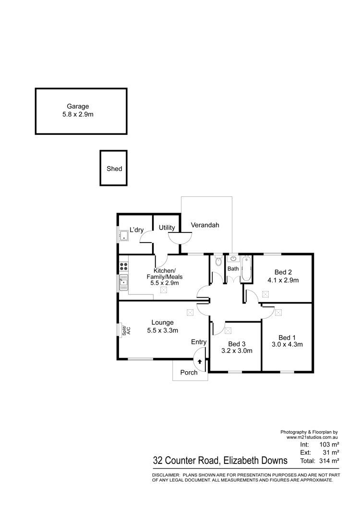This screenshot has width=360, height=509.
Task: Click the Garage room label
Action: [78, 106]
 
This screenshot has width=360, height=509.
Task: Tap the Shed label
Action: [114, 169]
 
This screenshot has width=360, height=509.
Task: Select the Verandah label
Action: [205, 225]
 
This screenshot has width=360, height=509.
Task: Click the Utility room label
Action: [167, 228]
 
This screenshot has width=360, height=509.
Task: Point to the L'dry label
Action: [137, 230]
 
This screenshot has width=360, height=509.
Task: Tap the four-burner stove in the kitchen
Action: [124, 267]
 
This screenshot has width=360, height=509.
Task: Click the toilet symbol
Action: [218, 260]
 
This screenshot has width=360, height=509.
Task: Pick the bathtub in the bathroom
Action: [246, 269]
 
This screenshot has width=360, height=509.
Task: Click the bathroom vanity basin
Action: [233, 259]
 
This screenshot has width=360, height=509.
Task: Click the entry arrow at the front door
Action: [200, 361]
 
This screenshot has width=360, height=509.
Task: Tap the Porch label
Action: [189, 372]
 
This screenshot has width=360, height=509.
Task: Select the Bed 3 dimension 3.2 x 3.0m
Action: [237, 351]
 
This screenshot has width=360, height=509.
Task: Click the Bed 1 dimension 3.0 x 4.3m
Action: [288, 344]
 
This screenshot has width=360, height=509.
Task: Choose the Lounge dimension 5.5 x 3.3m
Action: [162, 330]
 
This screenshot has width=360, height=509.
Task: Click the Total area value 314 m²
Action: [329, 461]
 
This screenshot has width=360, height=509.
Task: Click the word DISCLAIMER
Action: [166, 475]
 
